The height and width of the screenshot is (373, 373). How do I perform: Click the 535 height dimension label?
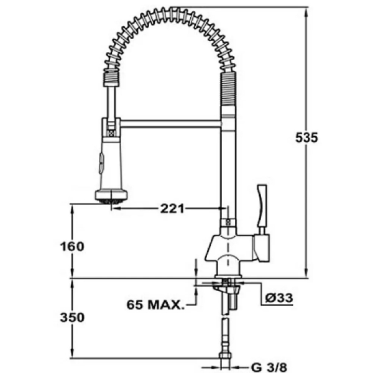pos(306,138)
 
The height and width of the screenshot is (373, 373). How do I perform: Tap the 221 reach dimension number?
pos(172,209)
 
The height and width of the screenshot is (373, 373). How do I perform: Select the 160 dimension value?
pos(72,246)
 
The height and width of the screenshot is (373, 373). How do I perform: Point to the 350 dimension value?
pos(72,317)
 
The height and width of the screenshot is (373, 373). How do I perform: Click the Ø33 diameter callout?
pos(279,298)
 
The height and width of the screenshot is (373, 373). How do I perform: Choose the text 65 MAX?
pos(155,305)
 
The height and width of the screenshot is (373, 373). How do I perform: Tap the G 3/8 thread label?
pos(269,367)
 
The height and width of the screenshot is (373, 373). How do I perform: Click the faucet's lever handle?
pos(262,206)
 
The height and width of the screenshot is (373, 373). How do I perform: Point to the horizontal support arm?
pos(170,124)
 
